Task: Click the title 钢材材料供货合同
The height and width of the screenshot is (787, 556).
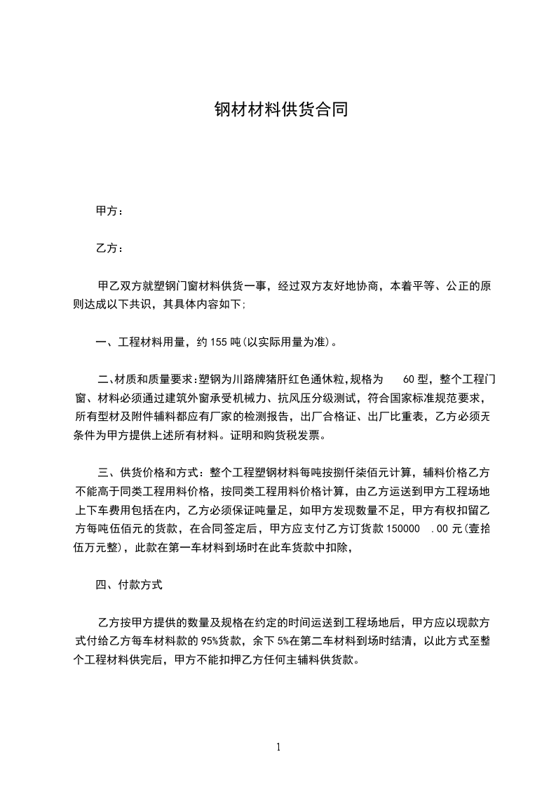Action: click(x=281, y=110)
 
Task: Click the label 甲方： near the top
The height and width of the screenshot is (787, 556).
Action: click(x=109, y=211)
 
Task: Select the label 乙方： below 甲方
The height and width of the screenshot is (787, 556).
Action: click(x=109, y=248)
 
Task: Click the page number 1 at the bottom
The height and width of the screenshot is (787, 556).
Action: click(x=278, y=747)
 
